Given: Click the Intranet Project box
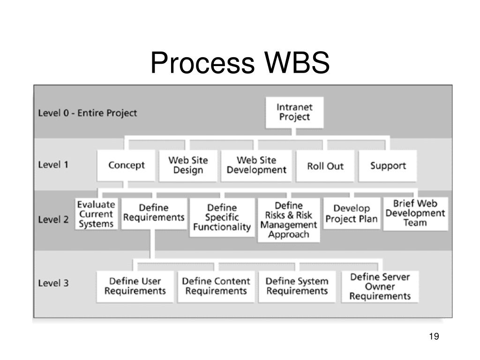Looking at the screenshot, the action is click(294, 112).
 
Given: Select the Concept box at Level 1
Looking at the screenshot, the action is click(126, 165).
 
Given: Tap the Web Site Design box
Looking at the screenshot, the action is click(188, 165).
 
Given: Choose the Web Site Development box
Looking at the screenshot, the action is click(256, 165).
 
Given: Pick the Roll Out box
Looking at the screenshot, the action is click(325, 165).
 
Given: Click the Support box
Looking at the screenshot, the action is click(388, 165).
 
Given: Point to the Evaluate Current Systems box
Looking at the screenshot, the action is click(96, 214).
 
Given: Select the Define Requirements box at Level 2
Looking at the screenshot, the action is click(154, 213).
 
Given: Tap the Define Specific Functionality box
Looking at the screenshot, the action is click(222, 217).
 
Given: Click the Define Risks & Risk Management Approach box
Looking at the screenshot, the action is click(289, 220).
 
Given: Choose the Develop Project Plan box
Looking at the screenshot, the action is click(352, 213).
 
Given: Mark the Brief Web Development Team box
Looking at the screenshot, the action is click(415, 213).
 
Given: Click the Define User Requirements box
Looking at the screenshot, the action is click(135, 286).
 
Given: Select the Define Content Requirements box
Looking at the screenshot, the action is click(216, 286).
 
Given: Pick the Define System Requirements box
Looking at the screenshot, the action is click(297, 286).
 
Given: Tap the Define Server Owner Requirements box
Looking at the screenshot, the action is click(380, 286).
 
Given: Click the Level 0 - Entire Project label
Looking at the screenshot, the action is click(88, 113).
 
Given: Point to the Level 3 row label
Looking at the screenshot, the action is click(53, 283).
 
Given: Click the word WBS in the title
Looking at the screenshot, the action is click(297, 62).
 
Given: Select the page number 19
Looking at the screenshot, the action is click(434, 336).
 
